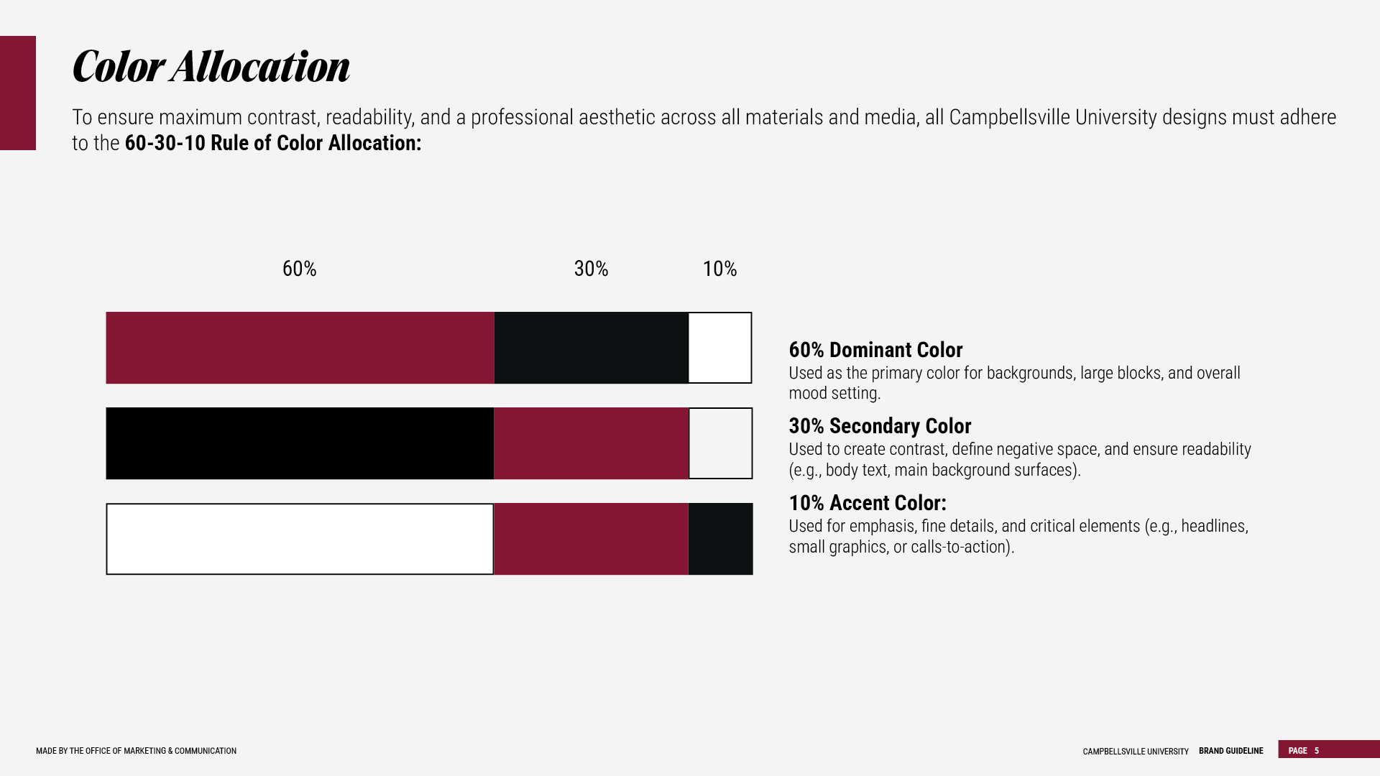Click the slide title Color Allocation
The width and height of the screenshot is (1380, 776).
(x=211, y=67)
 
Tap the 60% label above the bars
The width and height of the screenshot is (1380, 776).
(x=299, y=269)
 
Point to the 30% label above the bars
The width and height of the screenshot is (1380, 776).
(x=591, y=269)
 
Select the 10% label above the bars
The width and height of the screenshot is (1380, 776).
(x=719, y=269)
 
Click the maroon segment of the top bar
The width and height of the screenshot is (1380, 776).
(x=300, y=348)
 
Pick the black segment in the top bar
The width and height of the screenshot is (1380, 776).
(x=592, y=348)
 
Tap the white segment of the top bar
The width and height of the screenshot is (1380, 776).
(x=720, y=348)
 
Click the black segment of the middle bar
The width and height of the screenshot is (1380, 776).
(x=300, y=443)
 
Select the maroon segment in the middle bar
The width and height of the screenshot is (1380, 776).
(x=592, y=443)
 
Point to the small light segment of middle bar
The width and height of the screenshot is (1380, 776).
(x=721, y=443)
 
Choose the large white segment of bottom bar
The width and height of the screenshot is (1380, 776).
(x=300, y=539)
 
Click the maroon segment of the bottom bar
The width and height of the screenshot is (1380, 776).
(x=592, y=539)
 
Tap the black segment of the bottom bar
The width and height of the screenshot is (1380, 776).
(x=721, y=539)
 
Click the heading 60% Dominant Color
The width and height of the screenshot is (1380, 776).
(x=875, y=350)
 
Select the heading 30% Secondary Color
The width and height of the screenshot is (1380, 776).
(x=880, y=426)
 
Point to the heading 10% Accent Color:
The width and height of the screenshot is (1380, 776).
(x=868, y=503)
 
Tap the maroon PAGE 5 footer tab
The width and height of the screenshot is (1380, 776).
(x=1329, y=749)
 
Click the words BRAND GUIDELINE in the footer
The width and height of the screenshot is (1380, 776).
(x=1230, y=751)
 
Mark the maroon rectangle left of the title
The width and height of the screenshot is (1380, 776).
(x=18, y=93)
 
